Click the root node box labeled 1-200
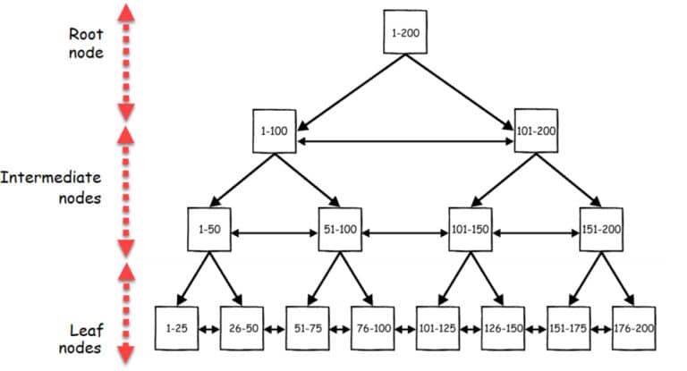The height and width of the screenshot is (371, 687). coord(404,32)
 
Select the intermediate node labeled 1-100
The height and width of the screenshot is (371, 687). coord(274,131)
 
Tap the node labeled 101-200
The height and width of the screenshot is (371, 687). coord(537,131)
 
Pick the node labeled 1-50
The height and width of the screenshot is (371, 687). coord(209,229)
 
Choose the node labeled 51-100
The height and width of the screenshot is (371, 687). coord(340,229)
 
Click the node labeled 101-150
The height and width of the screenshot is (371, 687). coord(471,229)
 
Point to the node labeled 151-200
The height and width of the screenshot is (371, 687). coord(601,229)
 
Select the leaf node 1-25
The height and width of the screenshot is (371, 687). coord(176,328)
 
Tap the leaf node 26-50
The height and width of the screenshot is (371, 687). coord(242,328)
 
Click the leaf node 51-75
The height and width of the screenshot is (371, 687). coord(307,328)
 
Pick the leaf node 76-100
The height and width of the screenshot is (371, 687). coord(372,328)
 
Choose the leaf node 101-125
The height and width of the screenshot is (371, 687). coord(437,328)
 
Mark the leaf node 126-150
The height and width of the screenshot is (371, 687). coord(503,328)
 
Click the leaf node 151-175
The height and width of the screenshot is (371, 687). coord(568,328)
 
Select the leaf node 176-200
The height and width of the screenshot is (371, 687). coord(633,328)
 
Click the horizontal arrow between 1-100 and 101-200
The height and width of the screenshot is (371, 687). coord(404,140)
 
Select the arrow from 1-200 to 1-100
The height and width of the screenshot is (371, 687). coord(344,88)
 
